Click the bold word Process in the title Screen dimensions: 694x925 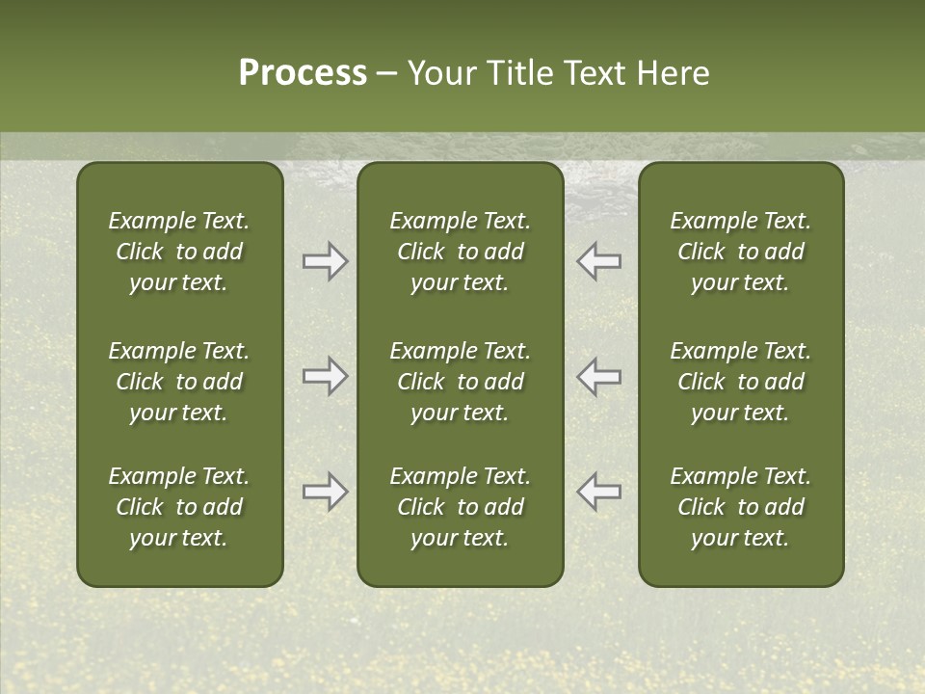coord(303,73)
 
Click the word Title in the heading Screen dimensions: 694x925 coord(517,73)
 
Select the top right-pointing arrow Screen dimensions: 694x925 coord(325,261)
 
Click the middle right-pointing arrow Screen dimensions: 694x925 coord(325,376)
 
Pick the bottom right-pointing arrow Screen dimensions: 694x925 coord(325,492)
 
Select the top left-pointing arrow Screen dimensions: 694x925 coord(599,261)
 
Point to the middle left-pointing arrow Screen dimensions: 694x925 coord(599,376)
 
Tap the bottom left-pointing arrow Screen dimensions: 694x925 coord(599,492)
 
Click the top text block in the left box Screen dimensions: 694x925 coord(179,252)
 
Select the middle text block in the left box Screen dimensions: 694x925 coord(179,382)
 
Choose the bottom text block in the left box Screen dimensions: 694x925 coord(179,507)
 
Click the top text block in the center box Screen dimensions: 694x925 coord(460,252)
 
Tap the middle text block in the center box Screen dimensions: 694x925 coord(460,382)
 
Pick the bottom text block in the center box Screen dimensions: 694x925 coord(460,507)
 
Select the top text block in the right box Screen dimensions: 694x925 coord(740,252)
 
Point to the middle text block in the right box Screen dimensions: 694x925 coord(740,382)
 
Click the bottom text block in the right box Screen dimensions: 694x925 coord(740,507)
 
